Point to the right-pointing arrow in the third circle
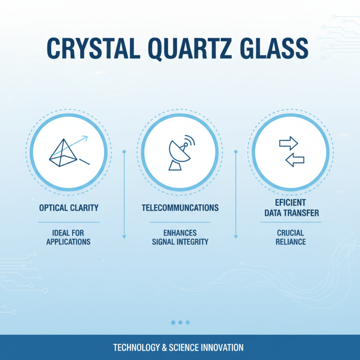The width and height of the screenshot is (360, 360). tap(288, 144)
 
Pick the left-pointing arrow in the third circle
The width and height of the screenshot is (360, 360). tap(295, 159)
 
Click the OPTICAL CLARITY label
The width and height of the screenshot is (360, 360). tap(68, 208)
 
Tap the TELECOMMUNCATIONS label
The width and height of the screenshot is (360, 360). tap(180, 208)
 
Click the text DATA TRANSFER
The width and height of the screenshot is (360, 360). tap(292, 213)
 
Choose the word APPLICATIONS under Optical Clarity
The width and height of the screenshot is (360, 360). tap(68, 242)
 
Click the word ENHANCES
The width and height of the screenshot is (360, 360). tap(180, 233)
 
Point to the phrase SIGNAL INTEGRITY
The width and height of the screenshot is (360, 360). tap(180, 242)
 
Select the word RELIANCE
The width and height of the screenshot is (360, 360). tap(291, 242)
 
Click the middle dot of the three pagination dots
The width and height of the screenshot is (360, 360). tap(180, 322)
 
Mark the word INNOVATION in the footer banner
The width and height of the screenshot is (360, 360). tap(221, 347)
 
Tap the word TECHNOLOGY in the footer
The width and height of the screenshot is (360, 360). tap(137, 347)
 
